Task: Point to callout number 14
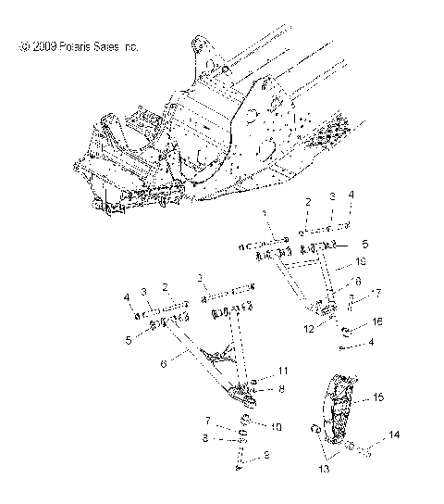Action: click(x=394, y=434)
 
